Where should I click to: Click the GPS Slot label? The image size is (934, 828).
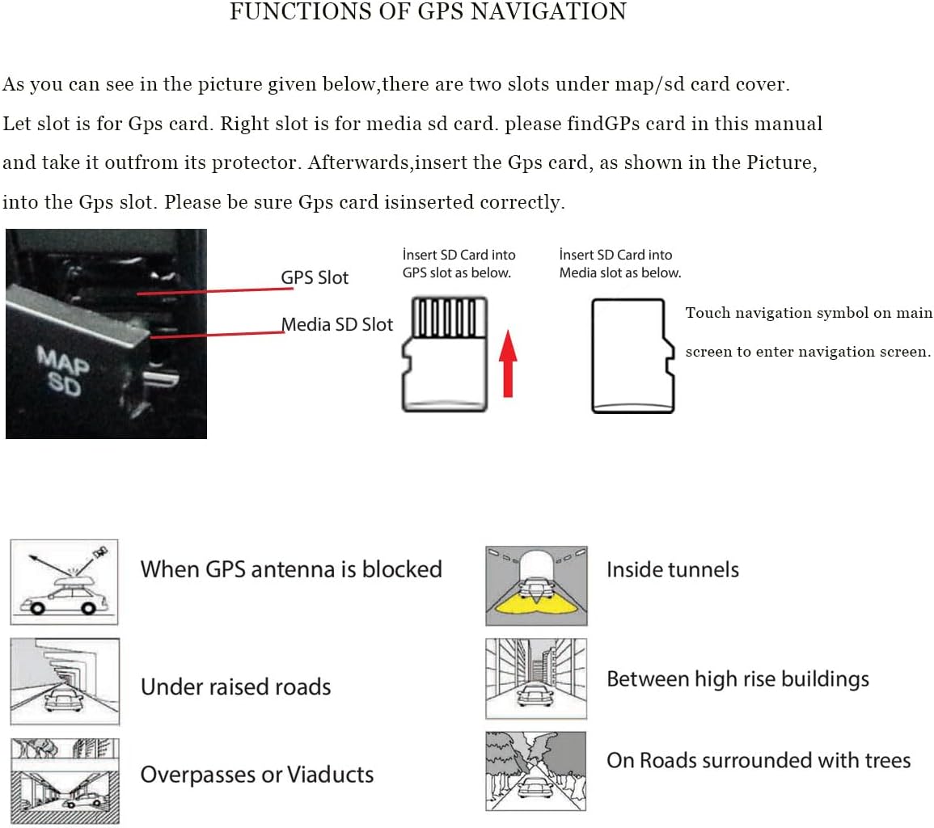coord(315,277)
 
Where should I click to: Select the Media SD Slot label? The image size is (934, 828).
coord(337,324)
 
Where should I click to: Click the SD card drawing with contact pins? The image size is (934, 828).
coord(446,354)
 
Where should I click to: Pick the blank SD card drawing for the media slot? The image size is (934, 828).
coord(633,356)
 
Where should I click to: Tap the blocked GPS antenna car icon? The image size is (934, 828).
coord(64,582)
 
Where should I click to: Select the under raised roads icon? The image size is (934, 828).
coord(64,682)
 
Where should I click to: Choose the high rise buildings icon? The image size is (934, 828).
coord(536,678)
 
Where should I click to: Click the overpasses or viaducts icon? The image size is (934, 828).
coord(64,780)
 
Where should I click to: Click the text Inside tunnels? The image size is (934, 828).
coord(673,569)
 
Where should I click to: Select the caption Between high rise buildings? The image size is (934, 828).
coord(737,678)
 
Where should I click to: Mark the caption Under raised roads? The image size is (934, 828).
coord(236,686)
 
